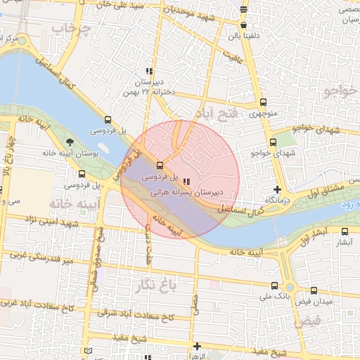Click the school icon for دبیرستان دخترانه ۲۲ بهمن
pos(148,72)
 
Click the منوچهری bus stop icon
pos(263,103)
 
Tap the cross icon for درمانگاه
pos(277,189)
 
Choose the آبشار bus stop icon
pos(344,231)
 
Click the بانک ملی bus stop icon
pos(274,285)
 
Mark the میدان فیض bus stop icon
pos(314,290)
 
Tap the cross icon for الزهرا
pos(197,347)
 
